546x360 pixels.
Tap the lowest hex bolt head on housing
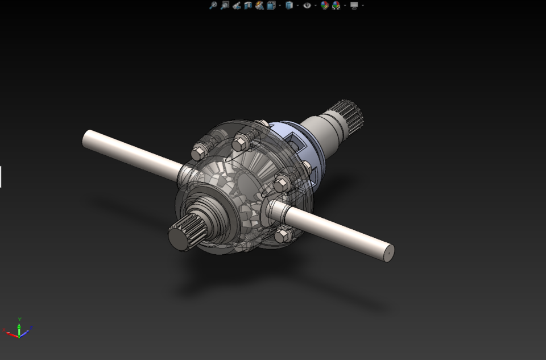pyautogui.click(x=283, y=235)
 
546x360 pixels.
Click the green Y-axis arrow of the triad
pyautogui.click(x=19, y=328)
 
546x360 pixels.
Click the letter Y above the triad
pyautogui.click(x=19, y=320)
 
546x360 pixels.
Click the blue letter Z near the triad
pyautogui.click(x=31, y=328)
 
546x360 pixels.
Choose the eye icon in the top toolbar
pyautogui.click(x=307, y=5)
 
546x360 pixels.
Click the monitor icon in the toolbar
pyautogui.click(x=354, y=5)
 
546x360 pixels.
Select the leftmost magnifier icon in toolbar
pyautogui.click(x=213, y=5)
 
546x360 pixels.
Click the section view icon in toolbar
pyautogui.click(x=248, y=5)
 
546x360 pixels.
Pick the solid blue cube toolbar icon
pyautogui.click(x=289, y=5)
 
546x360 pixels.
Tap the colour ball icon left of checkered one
pyautogui.click(x=324, y=5)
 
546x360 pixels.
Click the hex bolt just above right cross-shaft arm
pyautogui.click(x=282, y=184)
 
